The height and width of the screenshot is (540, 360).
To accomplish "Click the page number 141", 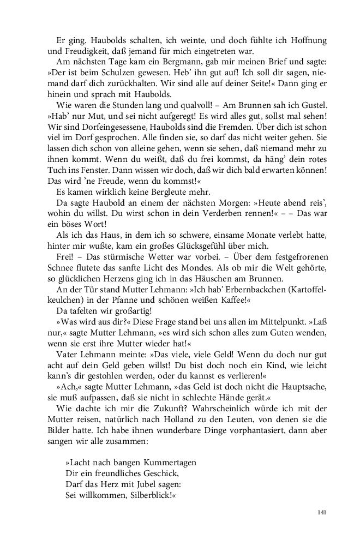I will pos(321,512).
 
